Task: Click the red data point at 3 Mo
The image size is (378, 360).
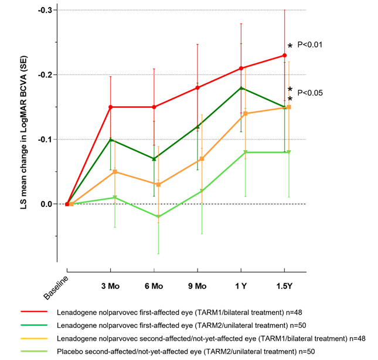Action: [110, 107]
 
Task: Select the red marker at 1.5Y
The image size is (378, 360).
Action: [284, 56]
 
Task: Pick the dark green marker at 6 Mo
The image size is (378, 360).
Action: [154, 158]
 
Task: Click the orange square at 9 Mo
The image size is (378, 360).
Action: [202, 159]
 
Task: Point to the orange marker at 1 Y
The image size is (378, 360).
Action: [245, 114]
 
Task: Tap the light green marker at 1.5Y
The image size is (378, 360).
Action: [288, 152]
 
